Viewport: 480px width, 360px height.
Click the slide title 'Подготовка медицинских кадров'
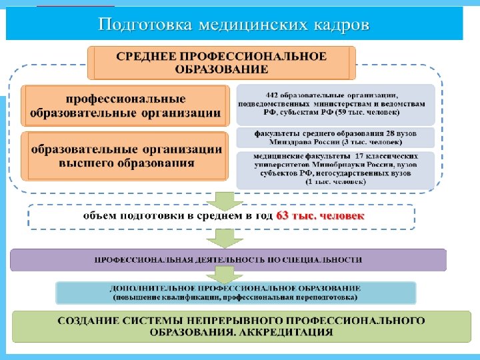233,25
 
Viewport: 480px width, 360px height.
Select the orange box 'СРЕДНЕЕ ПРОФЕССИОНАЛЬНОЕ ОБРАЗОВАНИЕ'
222,62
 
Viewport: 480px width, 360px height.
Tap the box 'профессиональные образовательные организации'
126,105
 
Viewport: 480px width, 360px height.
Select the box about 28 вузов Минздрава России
335,137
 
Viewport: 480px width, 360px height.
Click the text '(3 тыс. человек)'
370,142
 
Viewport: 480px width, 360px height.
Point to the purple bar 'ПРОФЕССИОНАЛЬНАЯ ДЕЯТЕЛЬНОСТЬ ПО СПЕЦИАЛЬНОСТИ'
228,259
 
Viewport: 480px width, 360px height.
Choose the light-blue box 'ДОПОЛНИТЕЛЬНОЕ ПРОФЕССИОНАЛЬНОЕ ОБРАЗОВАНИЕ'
235,292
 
